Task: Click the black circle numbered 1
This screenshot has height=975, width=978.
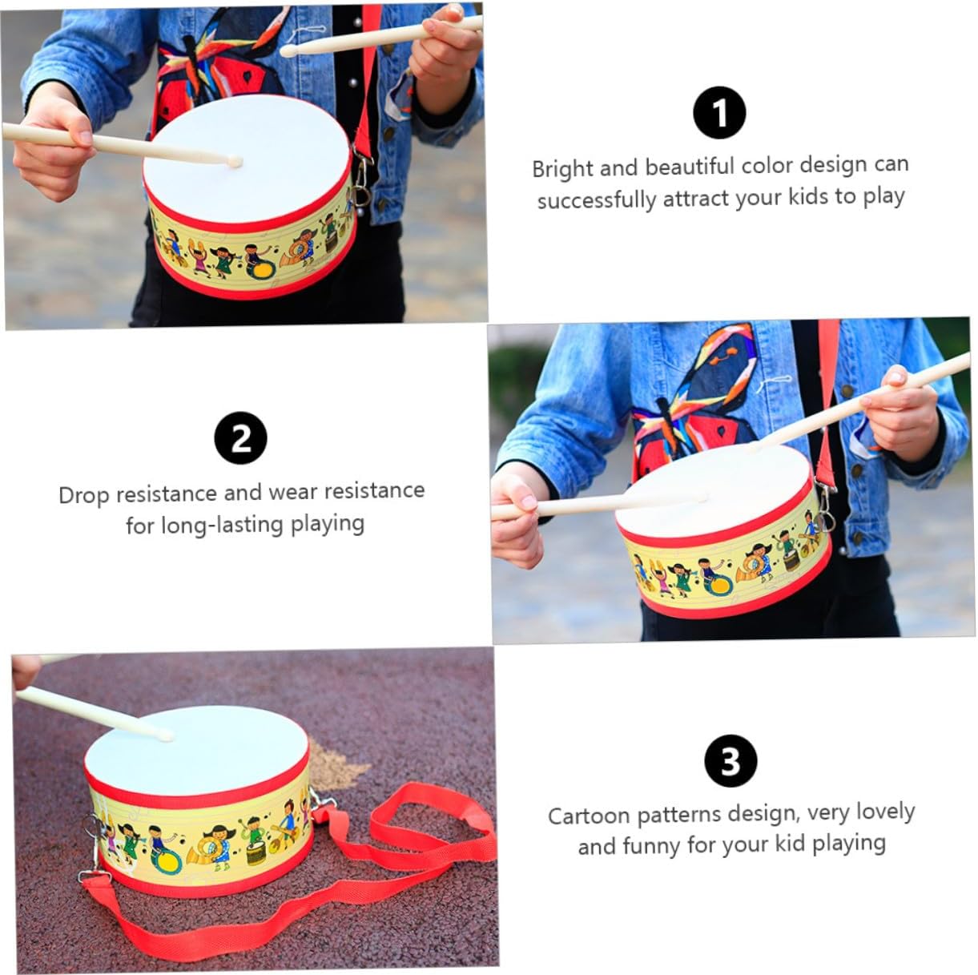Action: pos(719,112)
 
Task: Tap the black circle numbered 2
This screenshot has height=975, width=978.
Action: pos(240,437)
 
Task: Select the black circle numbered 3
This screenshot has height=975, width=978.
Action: pos(730,761)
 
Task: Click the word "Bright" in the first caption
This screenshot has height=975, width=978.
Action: pos(561,168)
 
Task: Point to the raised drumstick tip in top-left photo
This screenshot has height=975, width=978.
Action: pos(288,50)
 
